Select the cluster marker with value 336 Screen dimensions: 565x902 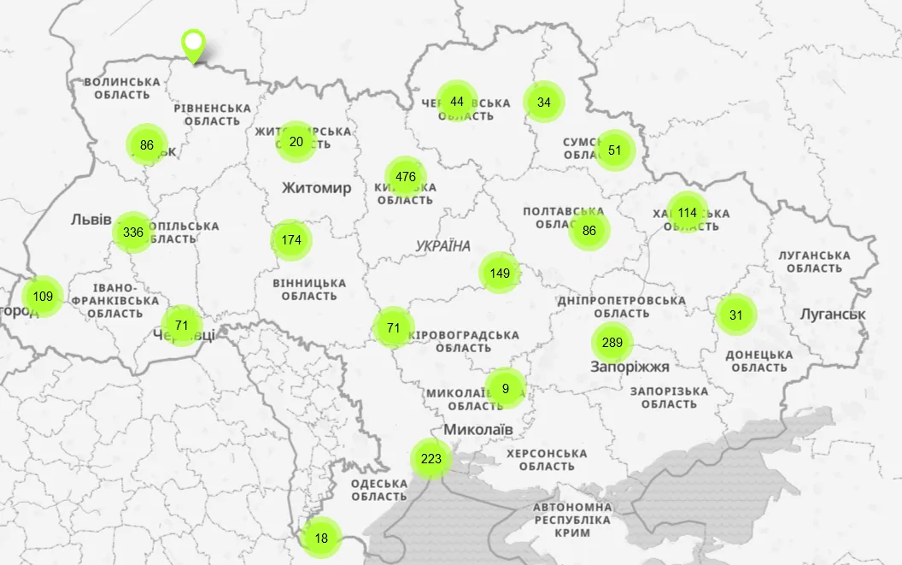click(x=133, y=232)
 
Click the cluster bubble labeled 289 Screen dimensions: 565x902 click(x=612, y=344)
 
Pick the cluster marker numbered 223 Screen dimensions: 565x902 click(x=431, y=459)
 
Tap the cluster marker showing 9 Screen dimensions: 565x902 click(x=506, y=389)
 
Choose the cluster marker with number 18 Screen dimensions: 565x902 click(x=321, y=539)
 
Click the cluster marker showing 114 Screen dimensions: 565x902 click(x=688, y=213)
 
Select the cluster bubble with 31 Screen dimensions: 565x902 click(x=736, y=315)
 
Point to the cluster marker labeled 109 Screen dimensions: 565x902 click(x=43, y=297)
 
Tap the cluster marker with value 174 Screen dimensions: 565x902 click(x=291, y=240)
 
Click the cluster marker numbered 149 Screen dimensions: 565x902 click(x=500, y=274)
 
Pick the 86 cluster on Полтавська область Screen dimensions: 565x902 click(x=589, y=231)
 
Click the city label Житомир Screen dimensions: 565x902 click(x=316, y=188)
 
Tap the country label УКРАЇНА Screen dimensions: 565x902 click(x=443, y=246)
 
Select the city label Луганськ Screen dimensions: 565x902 click(x=832, y=315)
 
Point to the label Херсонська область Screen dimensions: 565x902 click(x=547, y=460)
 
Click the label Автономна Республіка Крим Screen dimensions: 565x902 click(x=572, y=520)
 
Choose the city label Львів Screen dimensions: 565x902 click(x=91, y=220)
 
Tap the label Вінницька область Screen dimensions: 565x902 click(x=309, y=289)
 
